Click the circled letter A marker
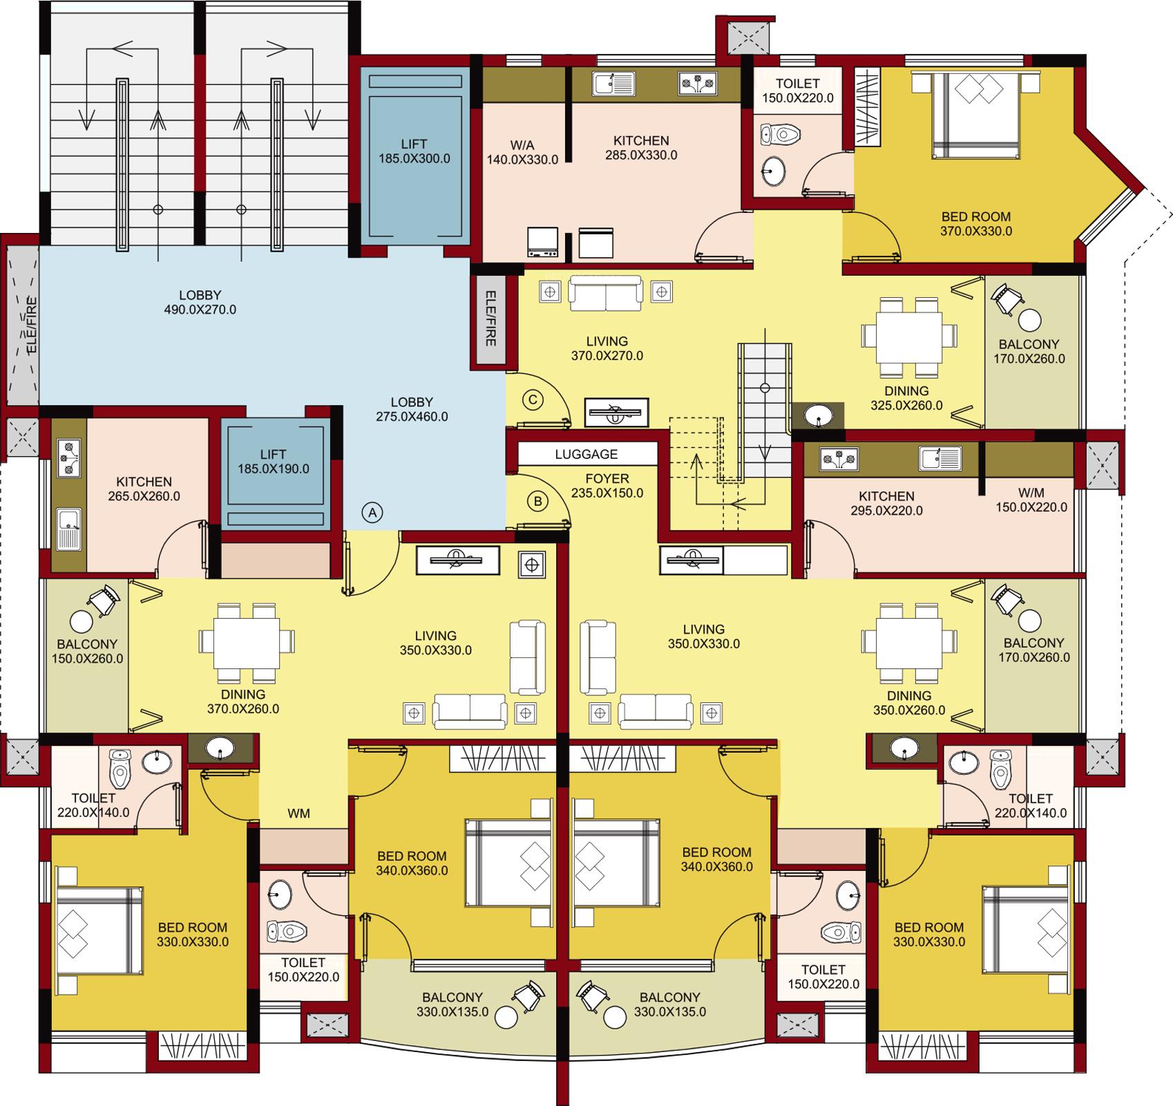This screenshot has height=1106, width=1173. (372, 512)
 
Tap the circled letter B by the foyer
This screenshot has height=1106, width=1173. (538, 501)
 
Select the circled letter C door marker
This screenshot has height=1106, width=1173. (533, 400)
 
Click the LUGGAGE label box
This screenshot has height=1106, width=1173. (586, 454)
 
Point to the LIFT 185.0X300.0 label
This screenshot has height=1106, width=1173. (414, 151)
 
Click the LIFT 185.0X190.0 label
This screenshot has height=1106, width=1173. (274, 462)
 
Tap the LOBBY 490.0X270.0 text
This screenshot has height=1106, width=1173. (200, 303)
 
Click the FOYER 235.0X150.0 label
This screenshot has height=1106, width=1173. (607, 486)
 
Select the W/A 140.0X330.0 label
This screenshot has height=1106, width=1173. (522, 153)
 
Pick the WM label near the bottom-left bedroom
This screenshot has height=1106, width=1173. (298, 814)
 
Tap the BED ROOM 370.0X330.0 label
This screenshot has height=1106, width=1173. (975, 224)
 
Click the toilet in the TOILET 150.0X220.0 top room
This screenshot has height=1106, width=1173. (781, 134)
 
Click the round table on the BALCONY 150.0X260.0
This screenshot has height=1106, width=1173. (81, 621)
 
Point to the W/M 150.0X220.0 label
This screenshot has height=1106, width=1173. (1031, 500)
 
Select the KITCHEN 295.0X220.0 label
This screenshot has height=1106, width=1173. (886, 503)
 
